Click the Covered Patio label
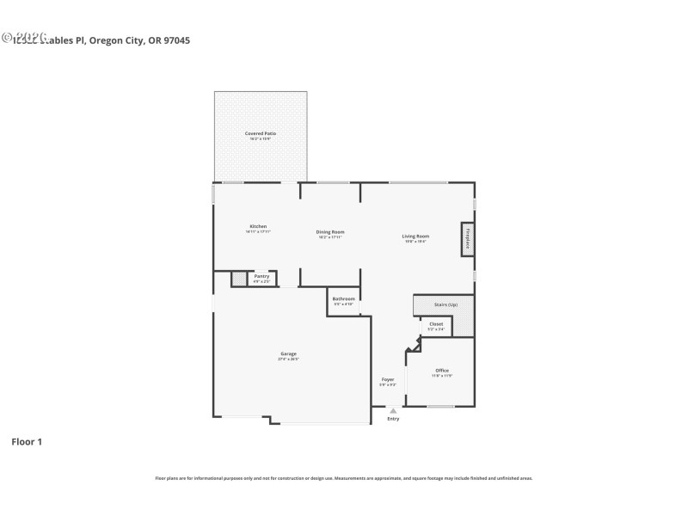(x=260, y=133)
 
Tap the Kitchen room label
(x=258, y=226)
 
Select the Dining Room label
(x=329, y=231)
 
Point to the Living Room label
(x=415, y=236)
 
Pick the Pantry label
(x=261, y=276)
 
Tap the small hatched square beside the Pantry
(x=238, y=279)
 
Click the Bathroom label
(x=343, y=298)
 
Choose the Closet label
(x=436, y=324)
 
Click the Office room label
(x=441, y=371)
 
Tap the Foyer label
(x=388, y=379)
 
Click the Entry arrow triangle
(x=393, y=411)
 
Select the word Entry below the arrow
(x=393, y=419)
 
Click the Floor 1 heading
(x=26, y=442)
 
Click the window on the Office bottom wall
(x=440, y=406)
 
